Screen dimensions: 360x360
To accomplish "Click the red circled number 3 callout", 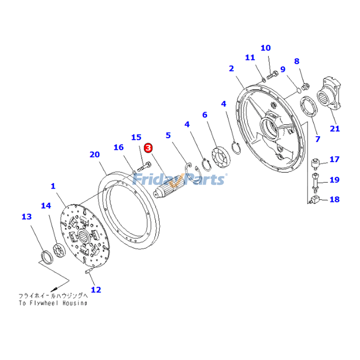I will [x=148, y=148].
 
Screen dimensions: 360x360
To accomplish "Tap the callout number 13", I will [x=27, y=216].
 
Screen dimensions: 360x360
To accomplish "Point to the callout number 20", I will [x=94, y=154].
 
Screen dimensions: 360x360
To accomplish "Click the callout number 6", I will [x=205, y=115].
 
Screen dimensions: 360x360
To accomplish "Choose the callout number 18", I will [x=334, y=199].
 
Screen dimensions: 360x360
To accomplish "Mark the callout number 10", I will [x=265, y=48].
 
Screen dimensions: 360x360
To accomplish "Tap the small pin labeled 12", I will [x=88, y=271].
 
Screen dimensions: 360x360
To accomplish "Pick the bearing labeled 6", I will [x=221, y=158].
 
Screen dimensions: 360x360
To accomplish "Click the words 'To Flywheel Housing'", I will [x=53, y=303].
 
